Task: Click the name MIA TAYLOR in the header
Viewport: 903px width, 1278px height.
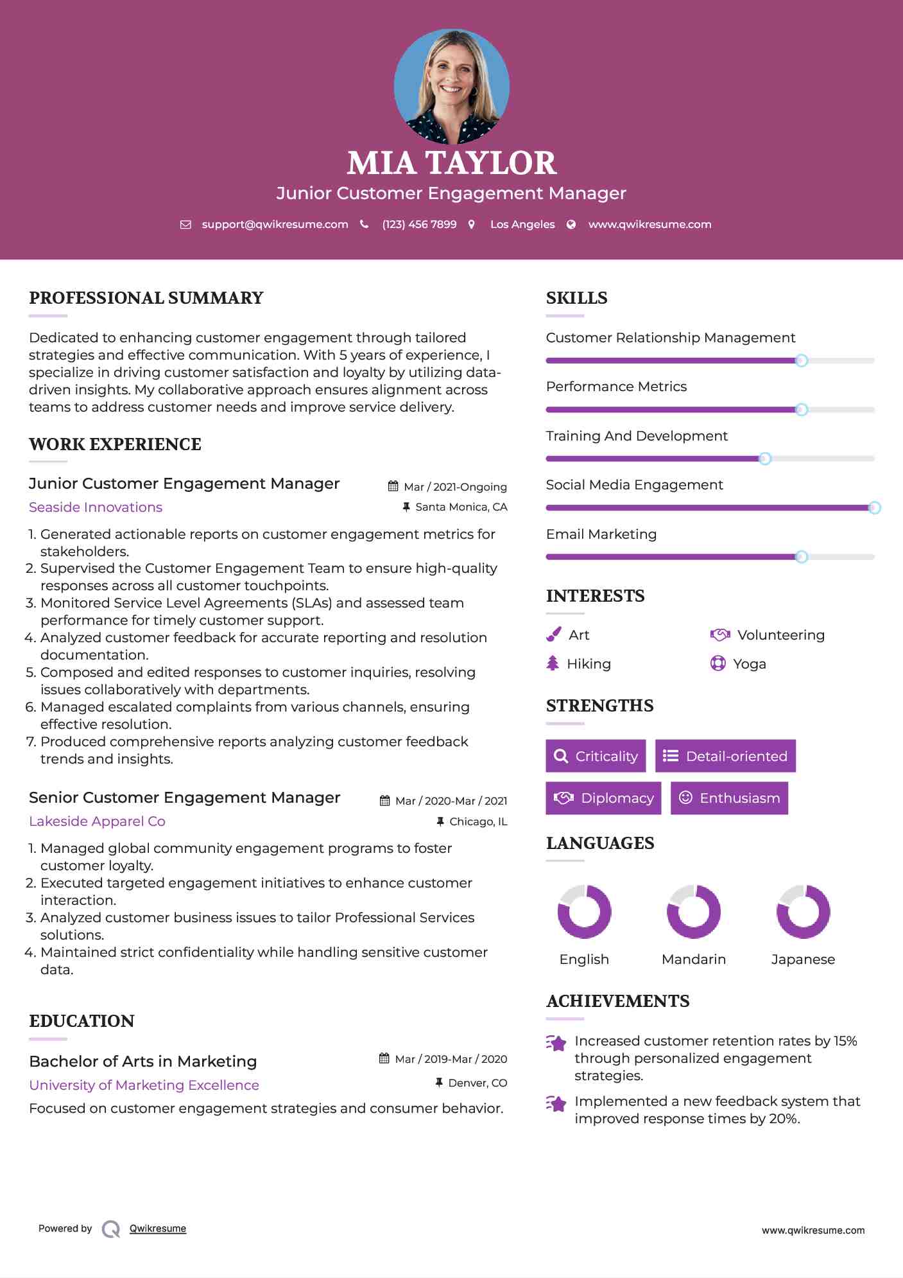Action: pyautogui.click(x=451, y=163)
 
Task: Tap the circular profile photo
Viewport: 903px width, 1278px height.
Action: pyautogui.click(x=451, y=86)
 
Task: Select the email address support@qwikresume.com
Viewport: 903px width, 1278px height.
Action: pyautogui.click(x=275, y=225)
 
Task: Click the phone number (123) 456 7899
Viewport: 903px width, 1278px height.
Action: pyautogui.click(x=419, y=225)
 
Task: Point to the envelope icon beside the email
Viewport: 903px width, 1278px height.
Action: pyautogui.click(x=185, y=225)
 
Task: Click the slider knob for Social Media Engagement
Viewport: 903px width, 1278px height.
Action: pyautogui.click(x=874, y=508)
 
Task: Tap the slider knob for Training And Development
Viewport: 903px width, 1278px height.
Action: pyautogui.click(x=765, y=459)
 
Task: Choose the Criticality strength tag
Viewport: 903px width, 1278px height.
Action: pyautogui.click(x=596, y=756)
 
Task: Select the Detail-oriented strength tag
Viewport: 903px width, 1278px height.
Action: pyautogui.click(x=725, y=756)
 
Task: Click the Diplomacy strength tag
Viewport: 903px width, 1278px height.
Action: pyautogui.click(x=603, y=798)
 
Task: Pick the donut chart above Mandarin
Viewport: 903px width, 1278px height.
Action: pyautogui.click(x=694, y=911)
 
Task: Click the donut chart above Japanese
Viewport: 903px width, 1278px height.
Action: pyautogui.click(x=803, y=911)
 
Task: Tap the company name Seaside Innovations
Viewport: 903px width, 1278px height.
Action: pyautogui.click(x=96, y=507)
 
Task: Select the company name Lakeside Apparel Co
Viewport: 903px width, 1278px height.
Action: pyautogui.click(x=97, y=821)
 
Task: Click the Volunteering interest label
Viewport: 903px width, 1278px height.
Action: pyautogui.click(x=780, y=635)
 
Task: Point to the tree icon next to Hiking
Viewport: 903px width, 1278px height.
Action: pyautogui.click(x=553, y=663)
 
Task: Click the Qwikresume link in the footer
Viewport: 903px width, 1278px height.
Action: pyautogui.click(x=158, y=1229)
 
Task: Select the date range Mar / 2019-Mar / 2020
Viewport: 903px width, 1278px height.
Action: pyautogui.click(x=451, y=1059)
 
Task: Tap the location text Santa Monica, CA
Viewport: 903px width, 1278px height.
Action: pyautogui.click(x=461, y=507)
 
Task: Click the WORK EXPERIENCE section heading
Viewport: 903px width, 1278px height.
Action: pyautogui.click(x=115, y=444)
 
